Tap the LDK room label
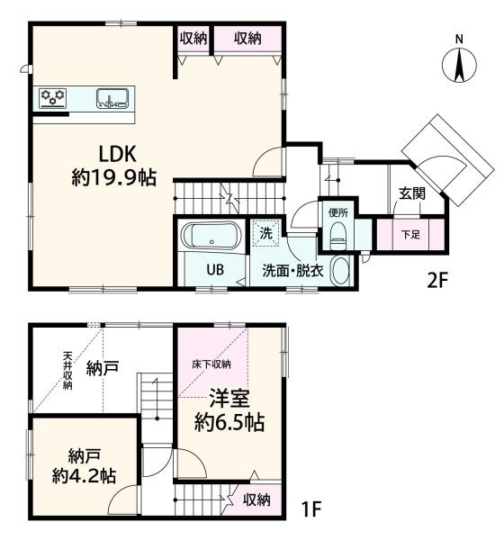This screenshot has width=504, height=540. [118, 154]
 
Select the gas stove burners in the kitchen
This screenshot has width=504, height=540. [53, 97]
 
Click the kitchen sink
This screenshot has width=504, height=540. [112, 98]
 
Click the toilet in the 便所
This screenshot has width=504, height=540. [337, 236]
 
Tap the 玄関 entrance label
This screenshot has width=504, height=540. [412, 193]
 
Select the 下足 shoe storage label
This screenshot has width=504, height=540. [411, 235]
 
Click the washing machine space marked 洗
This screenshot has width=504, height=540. [265, 233]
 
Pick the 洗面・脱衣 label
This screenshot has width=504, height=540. [292, 271]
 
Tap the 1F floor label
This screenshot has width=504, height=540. [311, 508]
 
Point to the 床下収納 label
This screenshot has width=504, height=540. [211, 364]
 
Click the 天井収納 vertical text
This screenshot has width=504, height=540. [67, 370]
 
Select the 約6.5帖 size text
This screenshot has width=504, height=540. [229, 423]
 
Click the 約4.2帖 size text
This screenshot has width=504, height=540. [84, 476]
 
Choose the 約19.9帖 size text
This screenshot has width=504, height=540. [114, 178]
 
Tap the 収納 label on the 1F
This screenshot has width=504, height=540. [256, 499]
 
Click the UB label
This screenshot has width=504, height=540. [215, 270]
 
